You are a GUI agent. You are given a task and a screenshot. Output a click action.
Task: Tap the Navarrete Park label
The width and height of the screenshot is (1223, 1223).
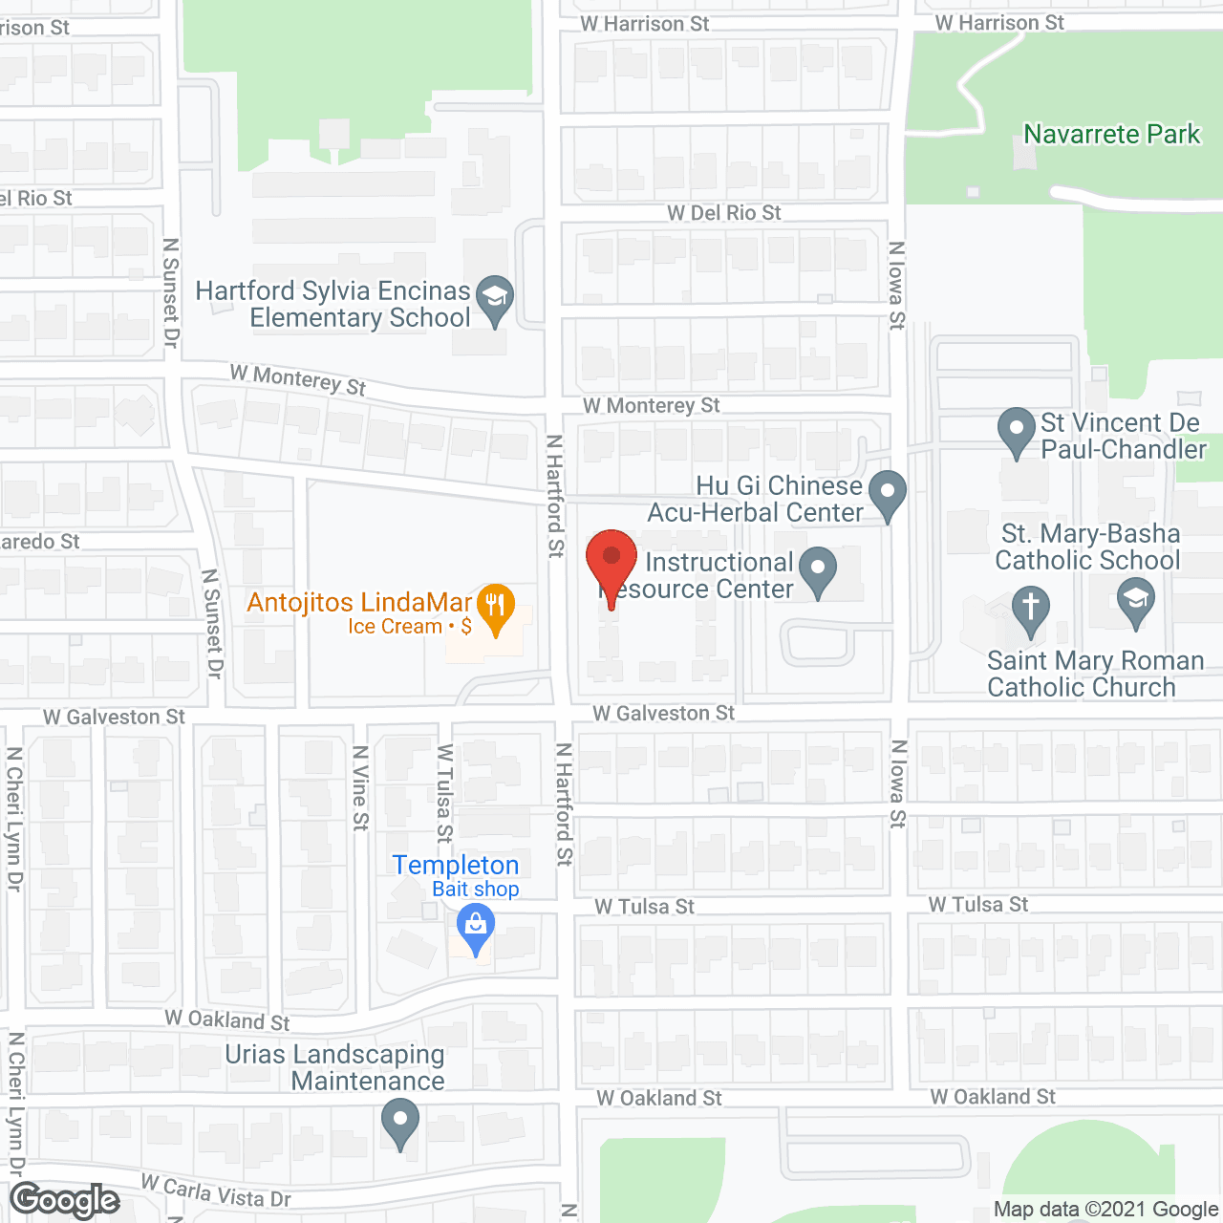click(x=1111, y=135)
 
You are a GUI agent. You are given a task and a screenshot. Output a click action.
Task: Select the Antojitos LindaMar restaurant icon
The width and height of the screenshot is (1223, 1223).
click(x=495, y=607)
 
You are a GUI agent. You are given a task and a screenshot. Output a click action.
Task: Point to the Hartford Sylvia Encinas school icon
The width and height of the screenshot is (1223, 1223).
click(x=495, y=298)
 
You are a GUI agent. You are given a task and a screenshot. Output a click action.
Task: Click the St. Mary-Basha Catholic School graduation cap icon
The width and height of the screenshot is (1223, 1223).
click(x=1135, y=602)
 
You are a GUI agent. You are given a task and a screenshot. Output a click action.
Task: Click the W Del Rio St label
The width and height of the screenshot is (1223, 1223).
click(x=723, y=213)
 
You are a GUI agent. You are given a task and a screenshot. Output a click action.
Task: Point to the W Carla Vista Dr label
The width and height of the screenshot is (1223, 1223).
click(x=216, y=1191)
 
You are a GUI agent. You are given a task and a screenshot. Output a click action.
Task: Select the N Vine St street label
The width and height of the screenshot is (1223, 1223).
click(x=360, y=787)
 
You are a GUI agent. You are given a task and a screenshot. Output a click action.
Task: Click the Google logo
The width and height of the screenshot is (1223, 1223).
click(x=65, y=1200)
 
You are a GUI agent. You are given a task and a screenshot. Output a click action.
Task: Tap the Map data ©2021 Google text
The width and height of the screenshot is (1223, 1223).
click(x=1105, y=1210)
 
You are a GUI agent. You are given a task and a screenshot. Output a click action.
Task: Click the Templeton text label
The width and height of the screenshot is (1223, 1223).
click(x=456, y=865)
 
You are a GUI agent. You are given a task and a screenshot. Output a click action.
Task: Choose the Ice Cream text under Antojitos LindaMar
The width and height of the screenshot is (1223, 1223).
click(x=395, y=627)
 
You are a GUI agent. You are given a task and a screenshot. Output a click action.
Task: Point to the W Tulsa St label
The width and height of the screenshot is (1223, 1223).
click(x=644, y=907)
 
